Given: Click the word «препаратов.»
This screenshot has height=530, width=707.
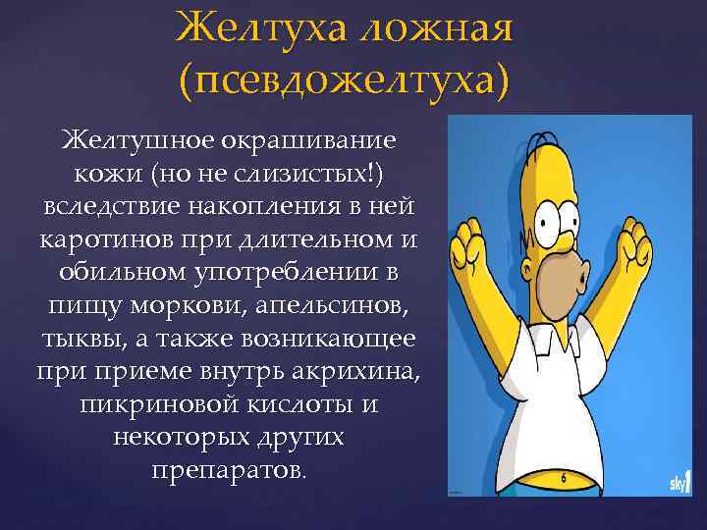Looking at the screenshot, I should (x=230, y=470).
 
